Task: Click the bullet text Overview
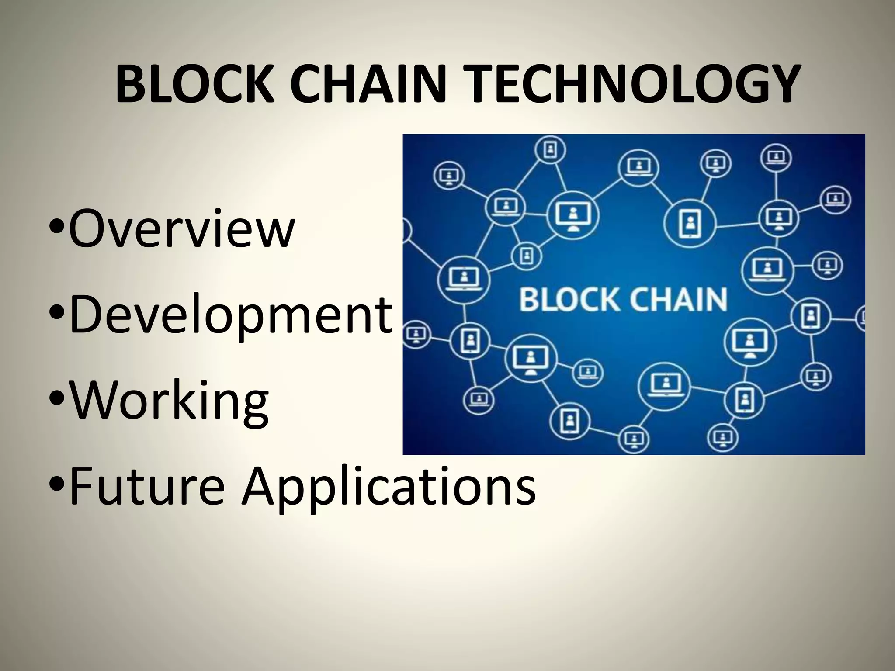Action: (x=181, y=228)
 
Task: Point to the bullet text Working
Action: (x=169, y=400)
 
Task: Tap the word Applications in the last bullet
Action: (x=389, y=486)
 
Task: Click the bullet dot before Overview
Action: (x=57, y=228)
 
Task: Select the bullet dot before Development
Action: (x=57, y=314)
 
